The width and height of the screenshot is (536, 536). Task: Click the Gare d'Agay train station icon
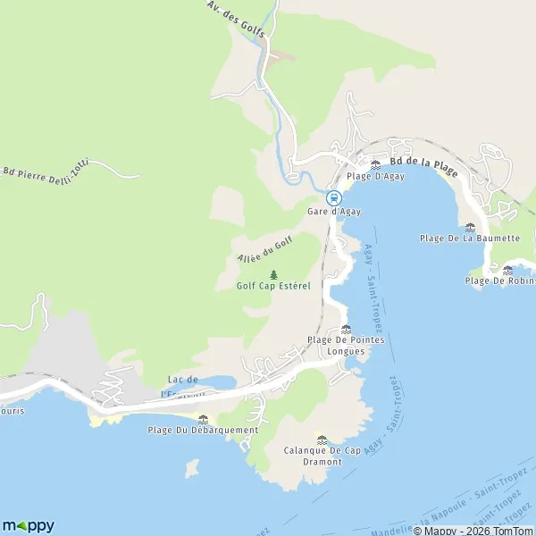[333, 197]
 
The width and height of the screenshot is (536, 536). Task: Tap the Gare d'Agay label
[333, 212]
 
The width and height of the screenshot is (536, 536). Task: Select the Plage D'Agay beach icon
[375, 164]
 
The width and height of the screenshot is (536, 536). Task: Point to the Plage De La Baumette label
[470, 239]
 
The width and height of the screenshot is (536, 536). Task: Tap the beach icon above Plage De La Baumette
[470, 226]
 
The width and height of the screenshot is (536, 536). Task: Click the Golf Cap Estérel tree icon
[273, 274]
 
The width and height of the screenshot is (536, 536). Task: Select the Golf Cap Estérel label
[273, 287]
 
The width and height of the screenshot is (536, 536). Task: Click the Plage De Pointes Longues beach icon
[346, 329]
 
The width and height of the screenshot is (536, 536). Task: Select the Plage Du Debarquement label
[203, 430]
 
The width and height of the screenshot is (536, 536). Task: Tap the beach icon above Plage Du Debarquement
[203, 418]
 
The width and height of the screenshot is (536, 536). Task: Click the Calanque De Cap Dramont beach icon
[322, 439]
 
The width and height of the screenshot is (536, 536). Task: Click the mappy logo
[28, 525]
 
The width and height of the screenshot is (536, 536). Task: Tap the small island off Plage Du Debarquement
[191, 468]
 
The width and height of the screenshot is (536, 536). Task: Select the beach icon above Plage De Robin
[507, 269]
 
